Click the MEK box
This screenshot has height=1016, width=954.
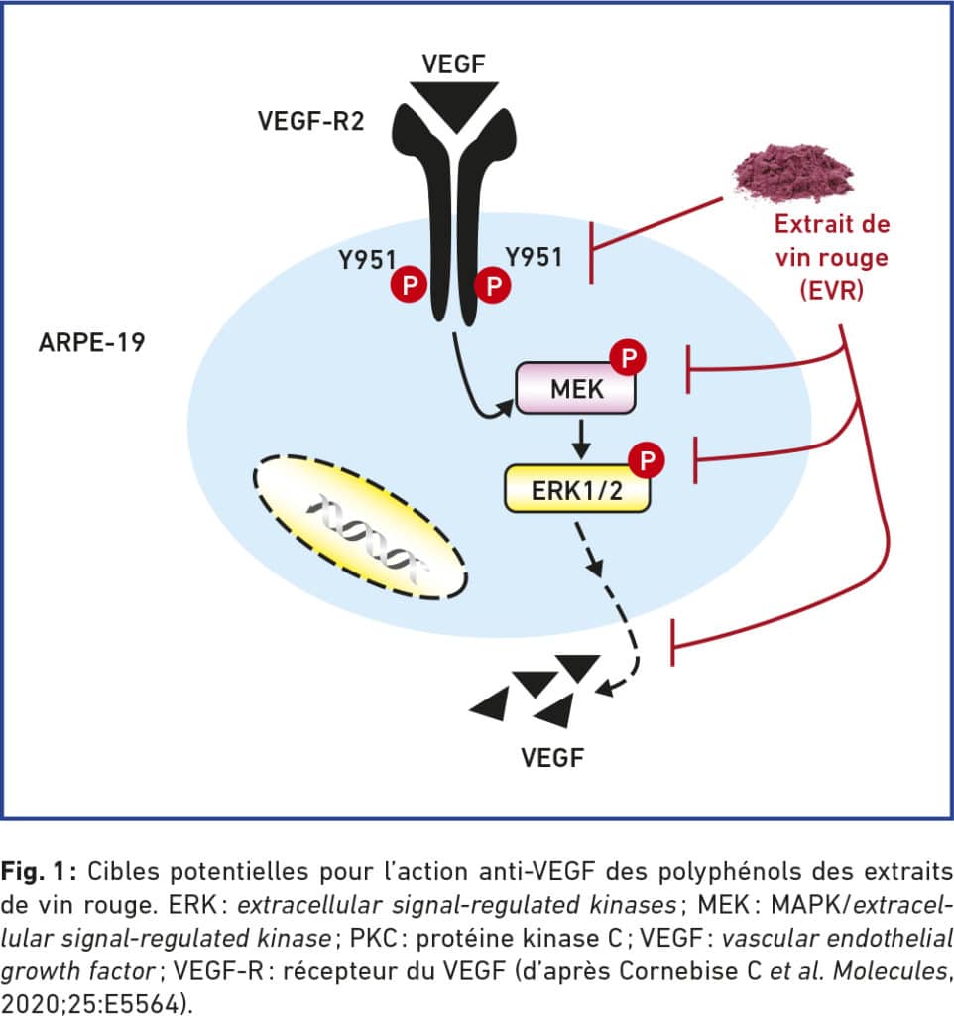click(575, 388)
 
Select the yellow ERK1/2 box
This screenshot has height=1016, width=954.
click(576, 489)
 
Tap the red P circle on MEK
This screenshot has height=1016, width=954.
click(628, 357)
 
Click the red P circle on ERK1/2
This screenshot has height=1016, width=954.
click(647, 460)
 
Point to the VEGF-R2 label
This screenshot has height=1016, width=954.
click(310, 121)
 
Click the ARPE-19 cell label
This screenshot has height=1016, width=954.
click(92, 342)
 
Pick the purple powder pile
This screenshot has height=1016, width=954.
click(793, 173)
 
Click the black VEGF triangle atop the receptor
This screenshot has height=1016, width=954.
click(454, 106)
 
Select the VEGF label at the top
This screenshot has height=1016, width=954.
click(453, 63)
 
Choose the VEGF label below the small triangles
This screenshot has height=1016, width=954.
click(552, 757)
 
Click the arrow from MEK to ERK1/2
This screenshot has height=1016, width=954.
click(581, 440)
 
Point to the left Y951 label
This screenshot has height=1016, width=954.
click(367, 260)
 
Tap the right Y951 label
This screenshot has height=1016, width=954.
click(534, 257)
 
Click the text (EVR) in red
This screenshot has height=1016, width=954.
click(832, 290)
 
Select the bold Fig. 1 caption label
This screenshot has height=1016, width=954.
click(39, 871)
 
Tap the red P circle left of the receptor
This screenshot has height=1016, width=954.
click(409, 285)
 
